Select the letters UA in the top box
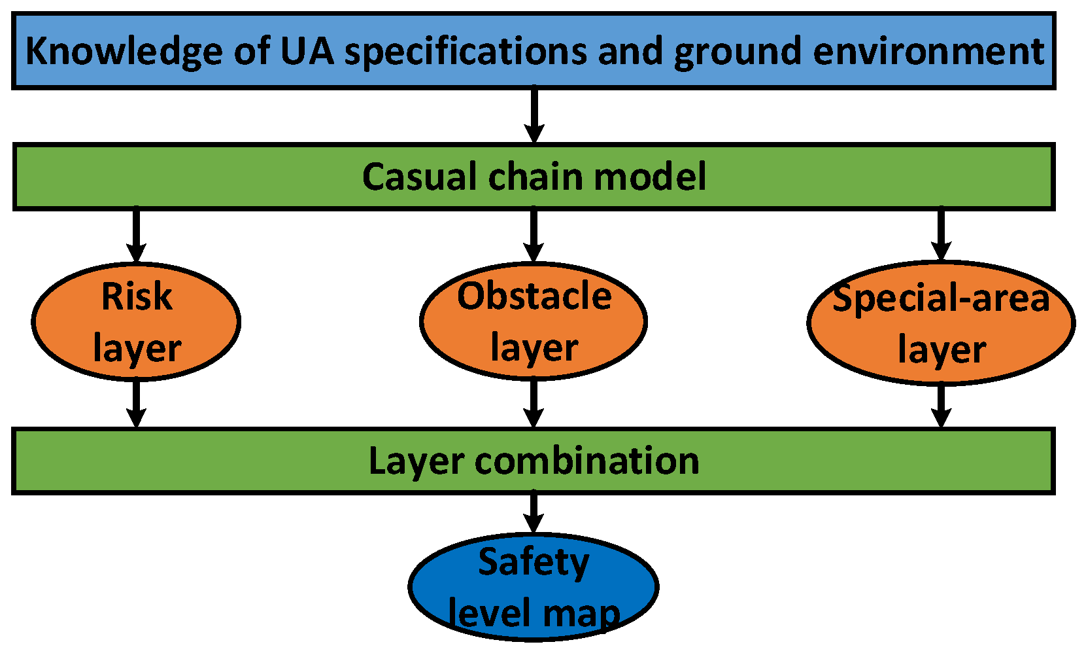307,51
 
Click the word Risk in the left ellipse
137,296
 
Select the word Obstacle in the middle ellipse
534,296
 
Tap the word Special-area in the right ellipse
941,298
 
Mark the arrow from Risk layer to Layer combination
136,404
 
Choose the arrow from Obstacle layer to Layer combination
534,404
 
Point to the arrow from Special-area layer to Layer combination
941,406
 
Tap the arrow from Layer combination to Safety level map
534,513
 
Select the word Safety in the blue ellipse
534,562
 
